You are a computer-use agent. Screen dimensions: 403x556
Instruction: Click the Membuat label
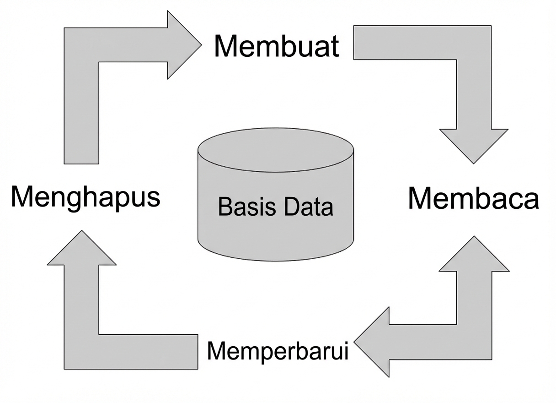click(x=276, y=46)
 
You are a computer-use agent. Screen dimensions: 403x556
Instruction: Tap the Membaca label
click(x=473, y=198)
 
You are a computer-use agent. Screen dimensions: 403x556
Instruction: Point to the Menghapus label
click(x=86, y=196)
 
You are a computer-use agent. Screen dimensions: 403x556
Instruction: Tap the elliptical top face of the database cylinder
click(x=276, y=150)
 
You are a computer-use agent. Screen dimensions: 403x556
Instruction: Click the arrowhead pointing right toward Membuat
click(x=182, y=45)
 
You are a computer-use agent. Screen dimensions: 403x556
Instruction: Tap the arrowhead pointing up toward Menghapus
click(x=81, y=250)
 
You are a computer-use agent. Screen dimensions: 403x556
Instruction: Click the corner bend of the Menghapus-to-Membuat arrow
click(x=81, y=45)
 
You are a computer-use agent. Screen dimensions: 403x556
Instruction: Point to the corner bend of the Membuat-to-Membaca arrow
click(x=474, y=43)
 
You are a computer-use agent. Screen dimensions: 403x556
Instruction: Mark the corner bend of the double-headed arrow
click(x=475, y=342)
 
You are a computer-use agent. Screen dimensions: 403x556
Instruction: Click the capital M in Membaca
click(x=422, y=198)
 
